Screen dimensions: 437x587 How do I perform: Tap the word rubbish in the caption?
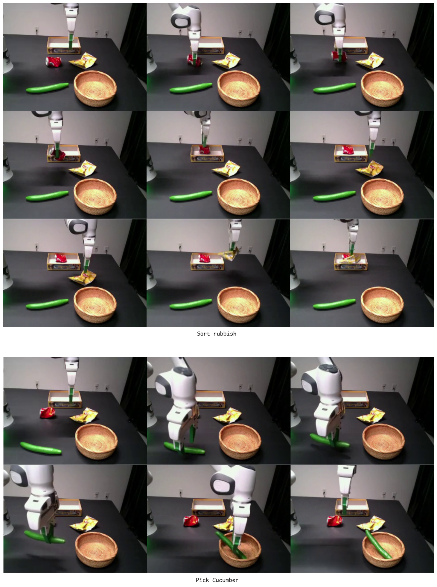click(x=225, y=334)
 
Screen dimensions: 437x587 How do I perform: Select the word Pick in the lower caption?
click(x=202, y=580)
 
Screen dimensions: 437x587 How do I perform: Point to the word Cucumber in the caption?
click(x=225, y=580)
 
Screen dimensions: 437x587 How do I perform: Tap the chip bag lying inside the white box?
click(x=353, y=259)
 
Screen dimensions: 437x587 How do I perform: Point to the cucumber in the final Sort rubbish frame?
click(x=334, y=304)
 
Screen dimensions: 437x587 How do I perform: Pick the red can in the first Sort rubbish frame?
click(x=54, y=61)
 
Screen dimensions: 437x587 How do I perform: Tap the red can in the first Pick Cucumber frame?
click(x=48, y=413)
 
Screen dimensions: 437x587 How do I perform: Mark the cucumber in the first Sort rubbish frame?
click(x=47, y=88)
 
